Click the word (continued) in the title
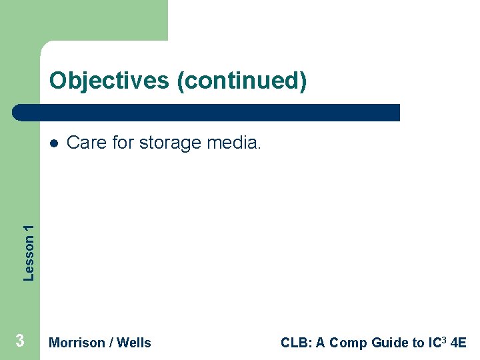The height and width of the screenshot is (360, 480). pos(242,81)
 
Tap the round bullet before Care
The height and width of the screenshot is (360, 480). pos(53,143)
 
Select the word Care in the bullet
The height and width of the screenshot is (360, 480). pos(87,143)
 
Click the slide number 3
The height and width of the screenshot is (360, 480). pos(20,341)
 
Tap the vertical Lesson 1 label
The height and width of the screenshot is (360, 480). pos(29,252)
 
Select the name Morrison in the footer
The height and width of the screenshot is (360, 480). pos(77,343)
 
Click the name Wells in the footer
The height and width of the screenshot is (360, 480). pos(134,343)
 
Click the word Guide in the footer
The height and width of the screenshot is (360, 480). pos(391,343)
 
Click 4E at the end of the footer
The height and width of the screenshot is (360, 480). pos(459,343)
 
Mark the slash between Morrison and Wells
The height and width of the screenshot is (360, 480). pos(111,343)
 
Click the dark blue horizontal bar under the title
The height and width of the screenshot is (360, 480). pos(207,113)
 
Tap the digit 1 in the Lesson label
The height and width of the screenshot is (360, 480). pos(29,229)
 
